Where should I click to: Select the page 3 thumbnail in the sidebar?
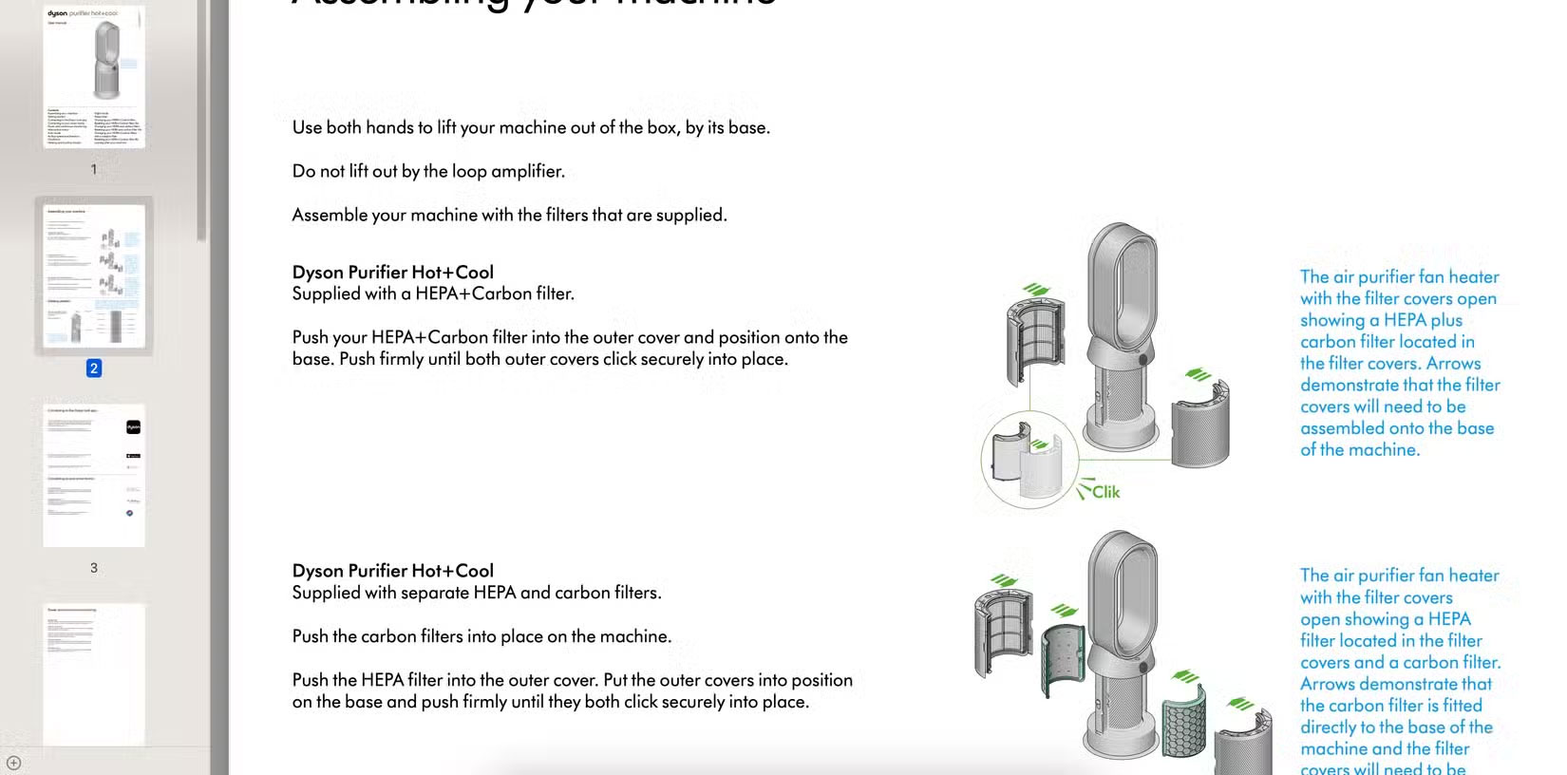click(x=93, y=475)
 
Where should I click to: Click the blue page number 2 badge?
click(x=93, y=369)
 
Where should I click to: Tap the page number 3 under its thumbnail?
click(x=93, y=568)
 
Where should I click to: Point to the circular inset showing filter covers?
click(x=1029, y=462)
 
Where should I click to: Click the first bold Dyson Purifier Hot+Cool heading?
click(x=392, y=273)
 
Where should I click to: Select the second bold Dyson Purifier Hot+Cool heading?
click(x=392, y=571)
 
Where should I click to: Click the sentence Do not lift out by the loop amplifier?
click(x=427, y=172)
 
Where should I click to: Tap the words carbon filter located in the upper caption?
click(x=1387, y=342)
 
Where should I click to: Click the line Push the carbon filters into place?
click(x=481, y=637)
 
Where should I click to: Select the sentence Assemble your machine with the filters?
click(x=509, y=216)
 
